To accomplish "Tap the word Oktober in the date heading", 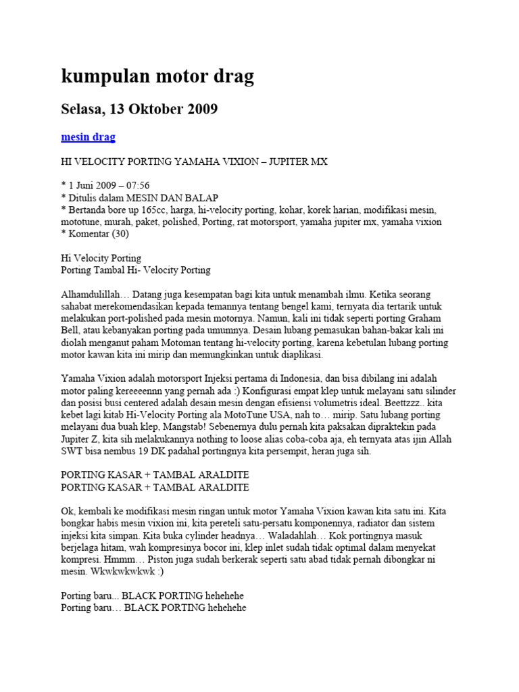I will click(157, 109).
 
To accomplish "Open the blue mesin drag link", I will click(88, 137).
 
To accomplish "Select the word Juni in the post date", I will click(87, 185).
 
